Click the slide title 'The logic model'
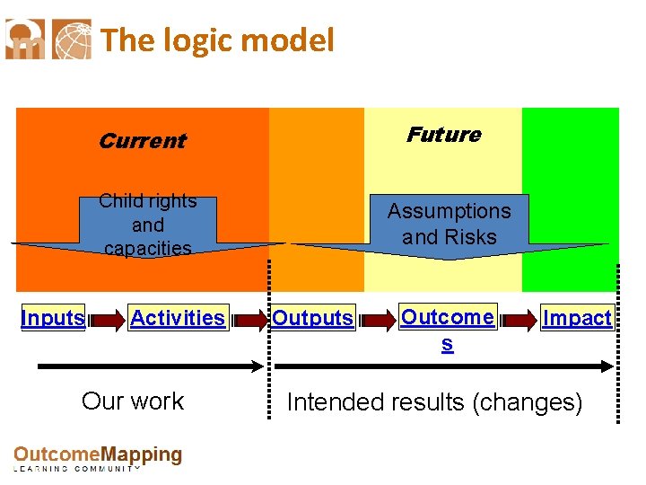217,40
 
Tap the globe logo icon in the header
72,40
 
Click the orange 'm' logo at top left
25,40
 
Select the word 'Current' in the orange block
142,141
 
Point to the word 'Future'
443,135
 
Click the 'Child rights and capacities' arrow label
147,225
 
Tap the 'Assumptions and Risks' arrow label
449,224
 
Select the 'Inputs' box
53,318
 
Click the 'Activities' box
178,318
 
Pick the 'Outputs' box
312,318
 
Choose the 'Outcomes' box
447,318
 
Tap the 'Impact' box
577,318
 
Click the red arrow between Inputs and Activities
107,319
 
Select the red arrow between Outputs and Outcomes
377,319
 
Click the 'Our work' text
133,401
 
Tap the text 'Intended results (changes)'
434,402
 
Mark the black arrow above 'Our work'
150,366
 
